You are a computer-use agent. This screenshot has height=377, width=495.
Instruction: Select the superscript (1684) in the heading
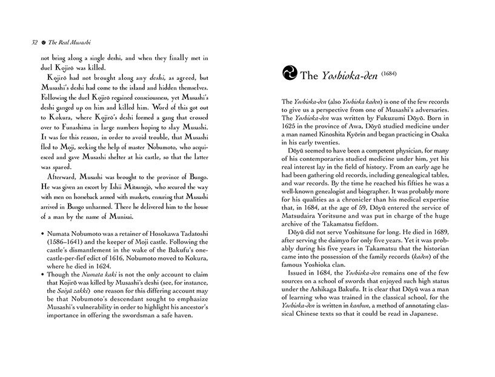377,71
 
